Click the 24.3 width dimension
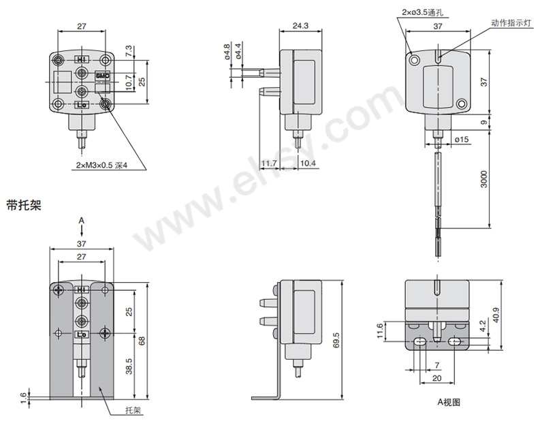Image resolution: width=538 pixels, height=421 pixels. [x=300, y=26]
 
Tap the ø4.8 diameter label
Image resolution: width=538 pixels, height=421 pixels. [x=227, y=52]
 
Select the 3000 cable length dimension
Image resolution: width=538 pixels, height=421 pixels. [x=484, y=178]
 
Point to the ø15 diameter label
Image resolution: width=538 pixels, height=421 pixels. [x=462, y=139]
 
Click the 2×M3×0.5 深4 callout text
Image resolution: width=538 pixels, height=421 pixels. [x=101, y=166]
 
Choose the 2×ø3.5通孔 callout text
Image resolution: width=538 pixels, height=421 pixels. [x=422, y=12]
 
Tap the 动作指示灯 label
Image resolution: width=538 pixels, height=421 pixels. [x=511, y=23]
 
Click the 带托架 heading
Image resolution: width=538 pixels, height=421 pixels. [x=24, y=205]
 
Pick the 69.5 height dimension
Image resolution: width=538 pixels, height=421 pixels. [x=336, y=340]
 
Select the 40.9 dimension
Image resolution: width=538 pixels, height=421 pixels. [x=496, y=315]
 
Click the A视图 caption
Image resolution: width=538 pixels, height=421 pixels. [x=449, y=402]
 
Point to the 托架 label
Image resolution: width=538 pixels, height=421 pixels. [x=133, y=410]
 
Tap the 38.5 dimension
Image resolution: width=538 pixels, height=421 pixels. [x=129, y=366]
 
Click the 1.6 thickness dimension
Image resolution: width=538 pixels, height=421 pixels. [x=23, y=398]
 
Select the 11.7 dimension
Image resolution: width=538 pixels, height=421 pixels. [x=268, y=163]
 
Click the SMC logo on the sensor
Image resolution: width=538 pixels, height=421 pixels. [x=102, y=76]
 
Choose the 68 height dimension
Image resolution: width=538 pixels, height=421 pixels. [x=142, y=341]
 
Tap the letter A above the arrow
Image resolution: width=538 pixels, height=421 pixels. [x=81, y=220]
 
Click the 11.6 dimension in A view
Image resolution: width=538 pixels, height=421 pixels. [x=379, y=331]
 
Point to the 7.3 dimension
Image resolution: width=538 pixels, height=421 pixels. [x=129, y=51]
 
